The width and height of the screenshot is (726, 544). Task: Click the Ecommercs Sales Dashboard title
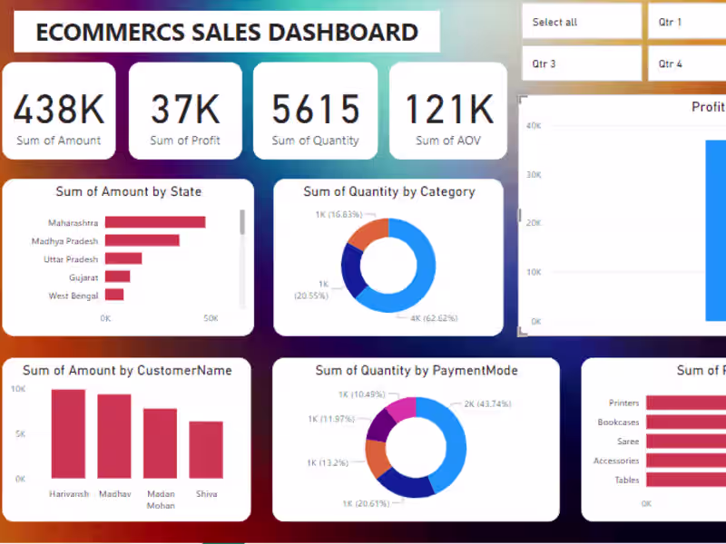[227, 33]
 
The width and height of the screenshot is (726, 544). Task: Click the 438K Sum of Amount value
[59, 110]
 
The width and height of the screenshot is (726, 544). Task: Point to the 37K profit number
[185, 110]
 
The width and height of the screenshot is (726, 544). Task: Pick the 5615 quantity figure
[316, 110]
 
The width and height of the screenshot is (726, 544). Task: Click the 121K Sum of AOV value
[448, 110]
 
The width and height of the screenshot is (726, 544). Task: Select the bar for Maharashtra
[155, 222]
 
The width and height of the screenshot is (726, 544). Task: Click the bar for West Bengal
[114, 295]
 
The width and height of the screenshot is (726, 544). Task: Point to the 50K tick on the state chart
[211, 318]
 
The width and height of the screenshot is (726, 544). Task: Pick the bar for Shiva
[206, 449]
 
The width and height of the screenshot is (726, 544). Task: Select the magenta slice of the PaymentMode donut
[402, 409]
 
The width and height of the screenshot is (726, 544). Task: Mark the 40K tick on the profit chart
[535, 126]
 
